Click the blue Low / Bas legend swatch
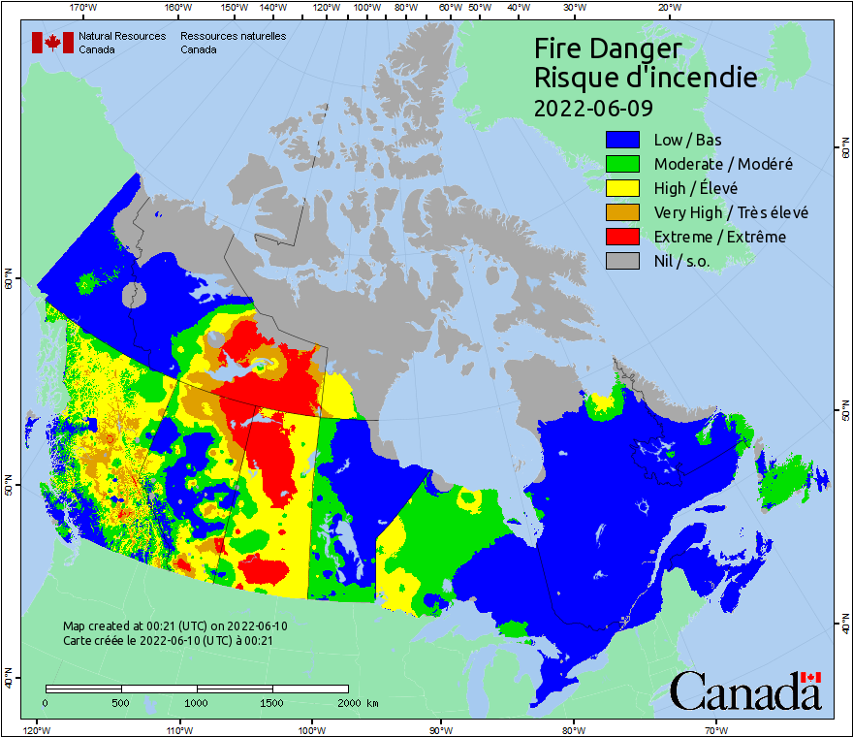pyautogui.click(x=623, y=140)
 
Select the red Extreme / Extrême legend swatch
pyautogui.click(x=623, y=237)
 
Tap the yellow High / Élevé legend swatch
pyautogui.click(x=623, y=188)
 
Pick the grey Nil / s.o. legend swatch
pyautogui.click(x=623, y=261)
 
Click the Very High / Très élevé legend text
pyautogui.click(x=731, y=212)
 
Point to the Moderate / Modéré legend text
pyautogui.click(x=723, y=164)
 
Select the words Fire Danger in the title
pyautogui.click(x=608, y=48)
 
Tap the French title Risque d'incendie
pyautogui.click(x=646, y=78)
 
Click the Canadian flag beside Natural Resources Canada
pyautogui.click(x=52, y=43)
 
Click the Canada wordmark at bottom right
pyautogui.click(x=745, y=690)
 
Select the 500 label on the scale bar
pyautogui.click(x=121, y=702)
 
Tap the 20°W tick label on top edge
pyautogui.click(x=668, y=8)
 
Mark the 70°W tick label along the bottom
pyautogui.click(x=715, y=728)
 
